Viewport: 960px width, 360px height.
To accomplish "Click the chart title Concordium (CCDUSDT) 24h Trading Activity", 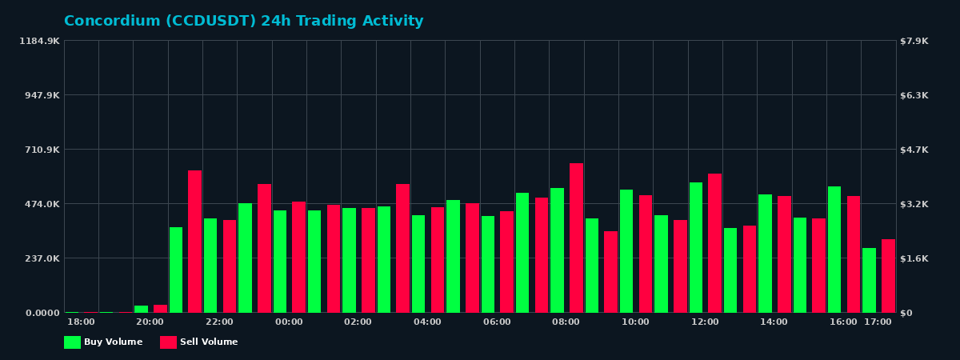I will pos(243,22).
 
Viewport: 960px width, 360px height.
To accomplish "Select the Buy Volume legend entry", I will pos(103,342).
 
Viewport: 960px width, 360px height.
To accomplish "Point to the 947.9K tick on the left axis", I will pos(40,95).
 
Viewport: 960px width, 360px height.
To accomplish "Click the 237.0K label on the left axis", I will pos(40,258).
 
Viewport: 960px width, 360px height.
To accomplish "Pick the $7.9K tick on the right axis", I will pos(914,41).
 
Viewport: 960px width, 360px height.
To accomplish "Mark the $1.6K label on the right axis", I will pos(914,258).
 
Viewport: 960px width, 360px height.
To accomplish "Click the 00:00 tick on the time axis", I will pos(289,322).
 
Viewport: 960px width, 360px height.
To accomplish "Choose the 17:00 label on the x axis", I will pos(878,322).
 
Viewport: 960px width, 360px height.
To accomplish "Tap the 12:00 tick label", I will pos(705,322).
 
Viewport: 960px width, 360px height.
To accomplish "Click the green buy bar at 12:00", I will pos(696,247).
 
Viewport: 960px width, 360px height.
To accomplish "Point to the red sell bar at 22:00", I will pos(230,266).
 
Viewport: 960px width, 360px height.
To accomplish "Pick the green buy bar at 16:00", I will pos(834,250).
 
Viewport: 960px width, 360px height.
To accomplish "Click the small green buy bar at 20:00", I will pos(141,309).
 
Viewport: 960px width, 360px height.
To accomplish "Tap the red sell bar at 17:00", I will pos(888,276).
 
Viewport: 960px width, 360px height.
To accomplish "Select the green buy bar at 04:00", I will pos(418,264).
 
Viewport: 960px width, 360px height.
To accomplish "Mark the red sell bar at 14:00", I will pos(784,254).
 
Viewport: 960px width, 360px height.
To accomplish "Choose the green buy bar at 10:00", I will pos(626,251).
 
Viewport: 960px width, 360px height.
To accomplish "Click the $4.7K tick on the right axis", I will pos(914,150).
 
